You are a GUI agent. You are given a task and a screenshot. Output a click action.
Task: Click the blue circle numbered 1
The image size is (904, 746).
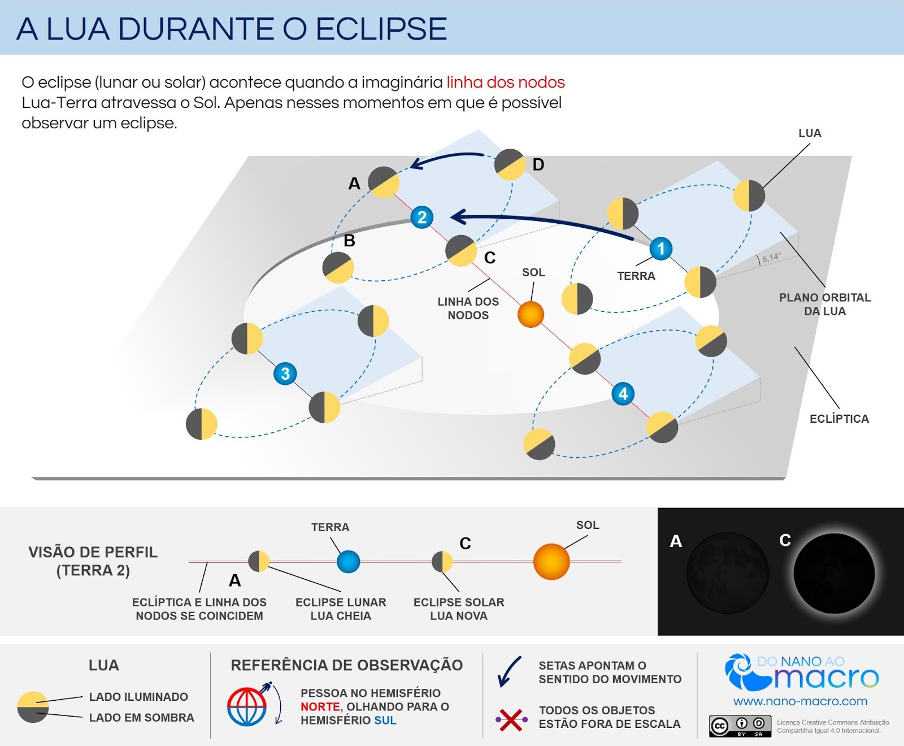tap(660, 249)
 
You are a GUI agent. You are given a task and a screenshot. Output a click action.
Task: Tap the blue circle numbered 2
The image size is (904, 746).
tap(421, 217)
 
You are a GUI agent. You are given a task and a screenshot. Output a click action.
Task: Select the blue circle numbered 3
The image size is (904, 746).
tap(285, 374)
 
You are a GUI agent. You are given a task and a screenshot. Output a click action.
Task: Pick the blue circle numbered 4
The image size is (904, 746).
tap(623, 394)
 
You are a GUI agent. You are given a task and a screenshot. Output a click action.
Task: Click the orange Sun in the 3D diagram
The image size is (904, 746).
tap(531, 314)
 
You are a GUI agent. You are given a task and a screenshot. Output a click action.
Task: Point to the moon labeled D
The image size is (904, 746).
tap(510, 164)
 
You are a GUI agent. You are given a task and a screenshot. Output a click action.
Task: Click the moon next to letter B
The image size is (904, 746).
tap(338, 267)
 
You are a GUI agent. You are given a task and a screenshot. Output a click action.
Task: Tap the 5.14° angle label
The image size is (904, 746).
tap(771, 258)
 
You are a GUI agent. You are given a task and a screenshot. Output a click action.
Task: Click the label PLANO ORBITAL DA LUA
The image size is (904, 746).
tap(824, 304)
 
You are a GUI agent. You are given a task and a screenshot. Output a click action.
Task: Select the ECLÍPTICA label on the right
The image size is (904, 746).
tap(839, 419)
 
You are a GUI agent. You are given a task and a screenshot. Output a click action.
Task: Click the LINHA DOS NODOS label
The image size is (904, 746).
tap(468, 309)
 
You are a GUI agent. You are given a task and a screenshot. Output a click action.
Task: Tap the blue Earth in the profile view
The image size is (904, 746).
tap(348, 562)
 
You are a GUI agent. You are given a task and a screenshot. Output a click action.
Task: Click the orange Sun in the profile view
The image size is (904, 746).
tap(551, 562)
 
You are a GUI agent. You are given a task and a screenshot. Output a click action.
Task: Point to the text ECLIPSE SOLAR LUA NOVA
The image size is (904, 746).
tap(458, 609)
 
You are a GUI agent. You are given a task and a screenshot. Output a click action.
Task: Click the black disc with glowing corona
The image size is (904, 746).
tap(833, 573)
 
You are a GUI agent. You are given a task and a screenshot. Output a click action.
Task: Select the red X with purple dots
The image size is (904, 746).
tap(511, 719)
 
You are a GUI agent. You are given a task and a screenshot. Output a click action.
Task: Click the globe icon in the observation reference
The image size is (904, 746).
tap(247, 706)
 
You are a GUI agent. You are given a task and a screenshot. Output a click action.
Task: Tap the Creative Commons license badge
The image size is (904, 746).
tap(740, 726)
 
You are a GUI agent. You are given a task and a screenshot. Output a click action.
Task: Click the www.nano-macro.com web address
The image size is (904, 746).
tap(800, 701)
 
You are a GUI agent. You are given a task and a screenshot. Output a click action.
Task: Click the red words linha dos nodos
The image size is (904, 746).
tap(505, 83)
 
